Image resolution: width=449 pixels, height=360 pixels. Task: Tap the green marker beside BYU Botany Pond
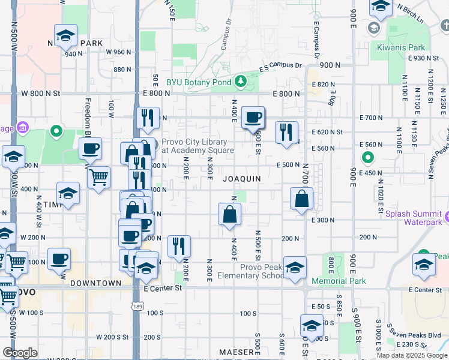pyautogui.click(x=240, y=80)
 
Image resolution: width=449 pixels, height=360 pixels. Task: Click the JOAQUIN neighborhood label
pyautogui.click(x=242, y=179)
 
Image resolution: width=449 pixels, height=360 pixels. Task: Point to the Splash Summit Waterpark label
pyautogui.click(x=414, y=218)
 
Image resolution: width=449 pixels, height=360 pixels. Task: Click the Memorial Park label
pyautogui.click(x=339, y=281)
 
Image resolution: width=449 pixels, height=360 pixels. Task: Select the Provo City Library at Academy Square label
pyautogui.click(x=197, y=146)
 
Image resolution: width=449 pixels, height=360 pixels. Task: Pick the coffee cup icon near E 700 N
pyautogui.click(x=253, y=116)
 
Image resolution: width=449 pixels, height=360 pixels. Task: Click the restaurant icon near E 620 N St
pyautogui.click(x=286, y=131)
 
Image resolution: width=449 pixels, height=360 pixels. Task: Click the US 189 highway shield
pyautogui.click(x=137, y=307)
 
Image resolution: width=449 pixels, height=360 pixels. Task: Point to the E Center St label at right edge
pyautogui.click(x=424, y=290)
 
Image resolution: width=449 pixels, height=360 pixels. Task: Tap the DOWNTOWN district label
pyautogui.click(x=96, y=283)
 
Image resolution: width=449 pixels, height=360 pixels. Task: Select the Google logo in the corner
pyautogui.click(x=20, y=353)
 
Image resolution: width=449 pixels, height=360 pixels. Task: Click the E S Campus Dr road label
pyautogui.click(x=280, y=67)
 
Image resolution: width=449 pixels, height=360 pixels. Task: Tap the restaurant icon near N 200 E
pyautogui.click(x=178, y=246)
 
